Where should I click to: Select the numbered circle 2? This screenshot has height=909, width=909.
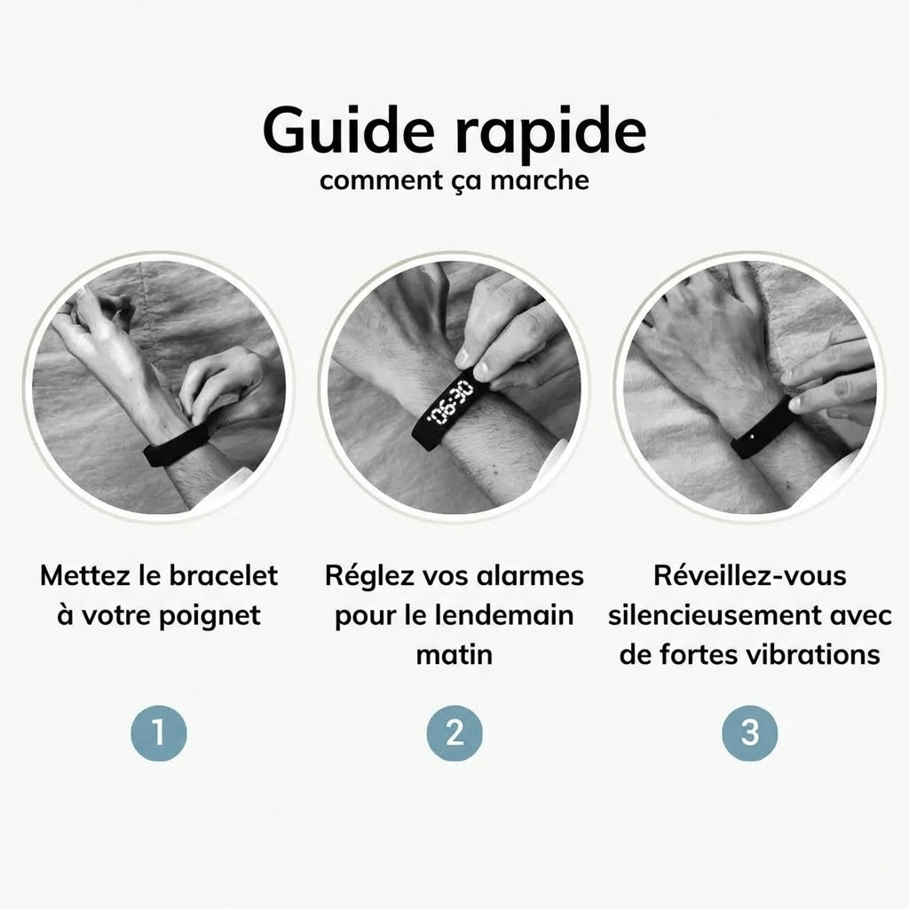pos(454,733)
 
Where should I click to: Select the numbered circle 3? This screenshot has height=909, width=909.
pos(749,733)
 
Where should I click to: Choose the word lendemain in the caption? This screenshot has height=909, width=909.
pos(510,614)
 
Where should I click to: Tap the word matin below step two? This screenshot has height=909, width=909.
pos(454,654)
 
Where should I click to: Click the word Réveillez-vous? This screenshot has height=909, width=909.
pos(749,575)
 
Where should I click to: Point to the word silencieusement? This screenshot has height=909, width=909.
pos(716,614)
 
